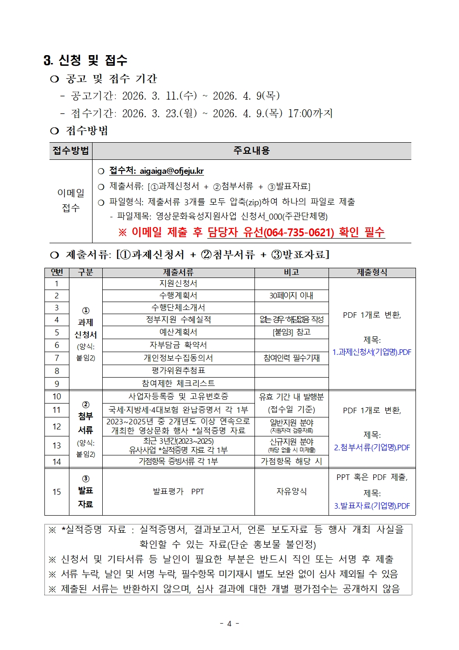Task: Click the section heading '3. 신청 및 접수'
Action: (85, 60)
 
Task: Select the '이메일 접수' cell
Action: (71, 201)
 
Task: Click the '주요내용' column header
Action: (251, 151)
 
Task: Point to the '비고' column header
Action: (292, 272)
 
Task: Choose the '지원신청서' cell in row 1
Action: (178, 283)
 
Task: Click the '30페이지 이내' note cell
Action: (292, 296)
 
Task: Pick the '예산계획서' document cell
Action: (178, 332)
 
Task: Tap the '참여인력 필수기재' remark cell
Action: (292, 358)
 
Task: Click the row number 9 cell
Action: (57, 384)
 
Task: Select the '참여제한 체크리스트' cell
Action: (178, 384)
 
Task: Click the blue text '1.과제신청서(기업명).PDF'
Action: (372, 352)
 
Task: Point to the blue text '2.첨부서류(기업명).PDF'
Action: (372, 448)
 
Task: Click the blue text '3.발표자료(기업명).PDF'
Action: (372, 506)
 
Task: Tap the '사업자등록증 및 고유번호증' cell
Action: (178, 397)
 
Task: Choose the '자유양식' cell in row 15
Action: (292, 492)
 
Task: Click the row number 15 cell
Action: (57, 492)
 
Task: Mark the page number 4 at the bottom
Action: (229, 624)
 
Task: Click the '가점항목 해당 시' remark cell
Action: (292, 461)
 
